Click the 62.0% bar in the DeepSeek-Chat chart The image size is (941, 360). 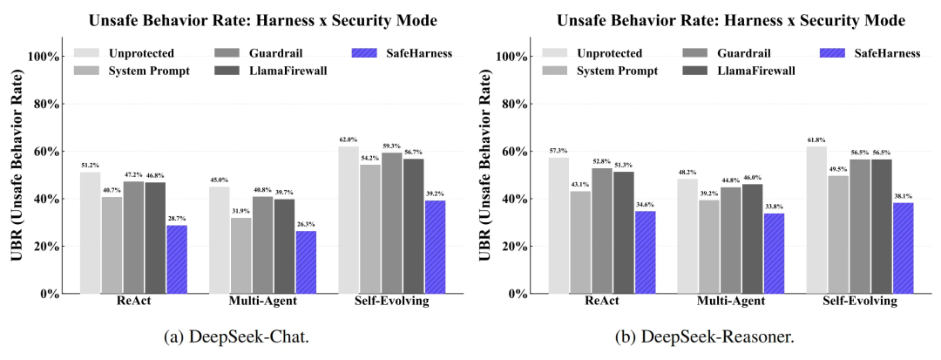[x=349, y=220]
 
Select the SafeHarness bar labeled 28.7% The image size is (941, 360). [x=177, y=259]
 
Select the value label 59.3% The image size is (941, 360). [x=391, y=146]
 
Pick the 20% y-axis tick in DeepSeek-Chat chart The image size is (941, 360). [x=47, y=247]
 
